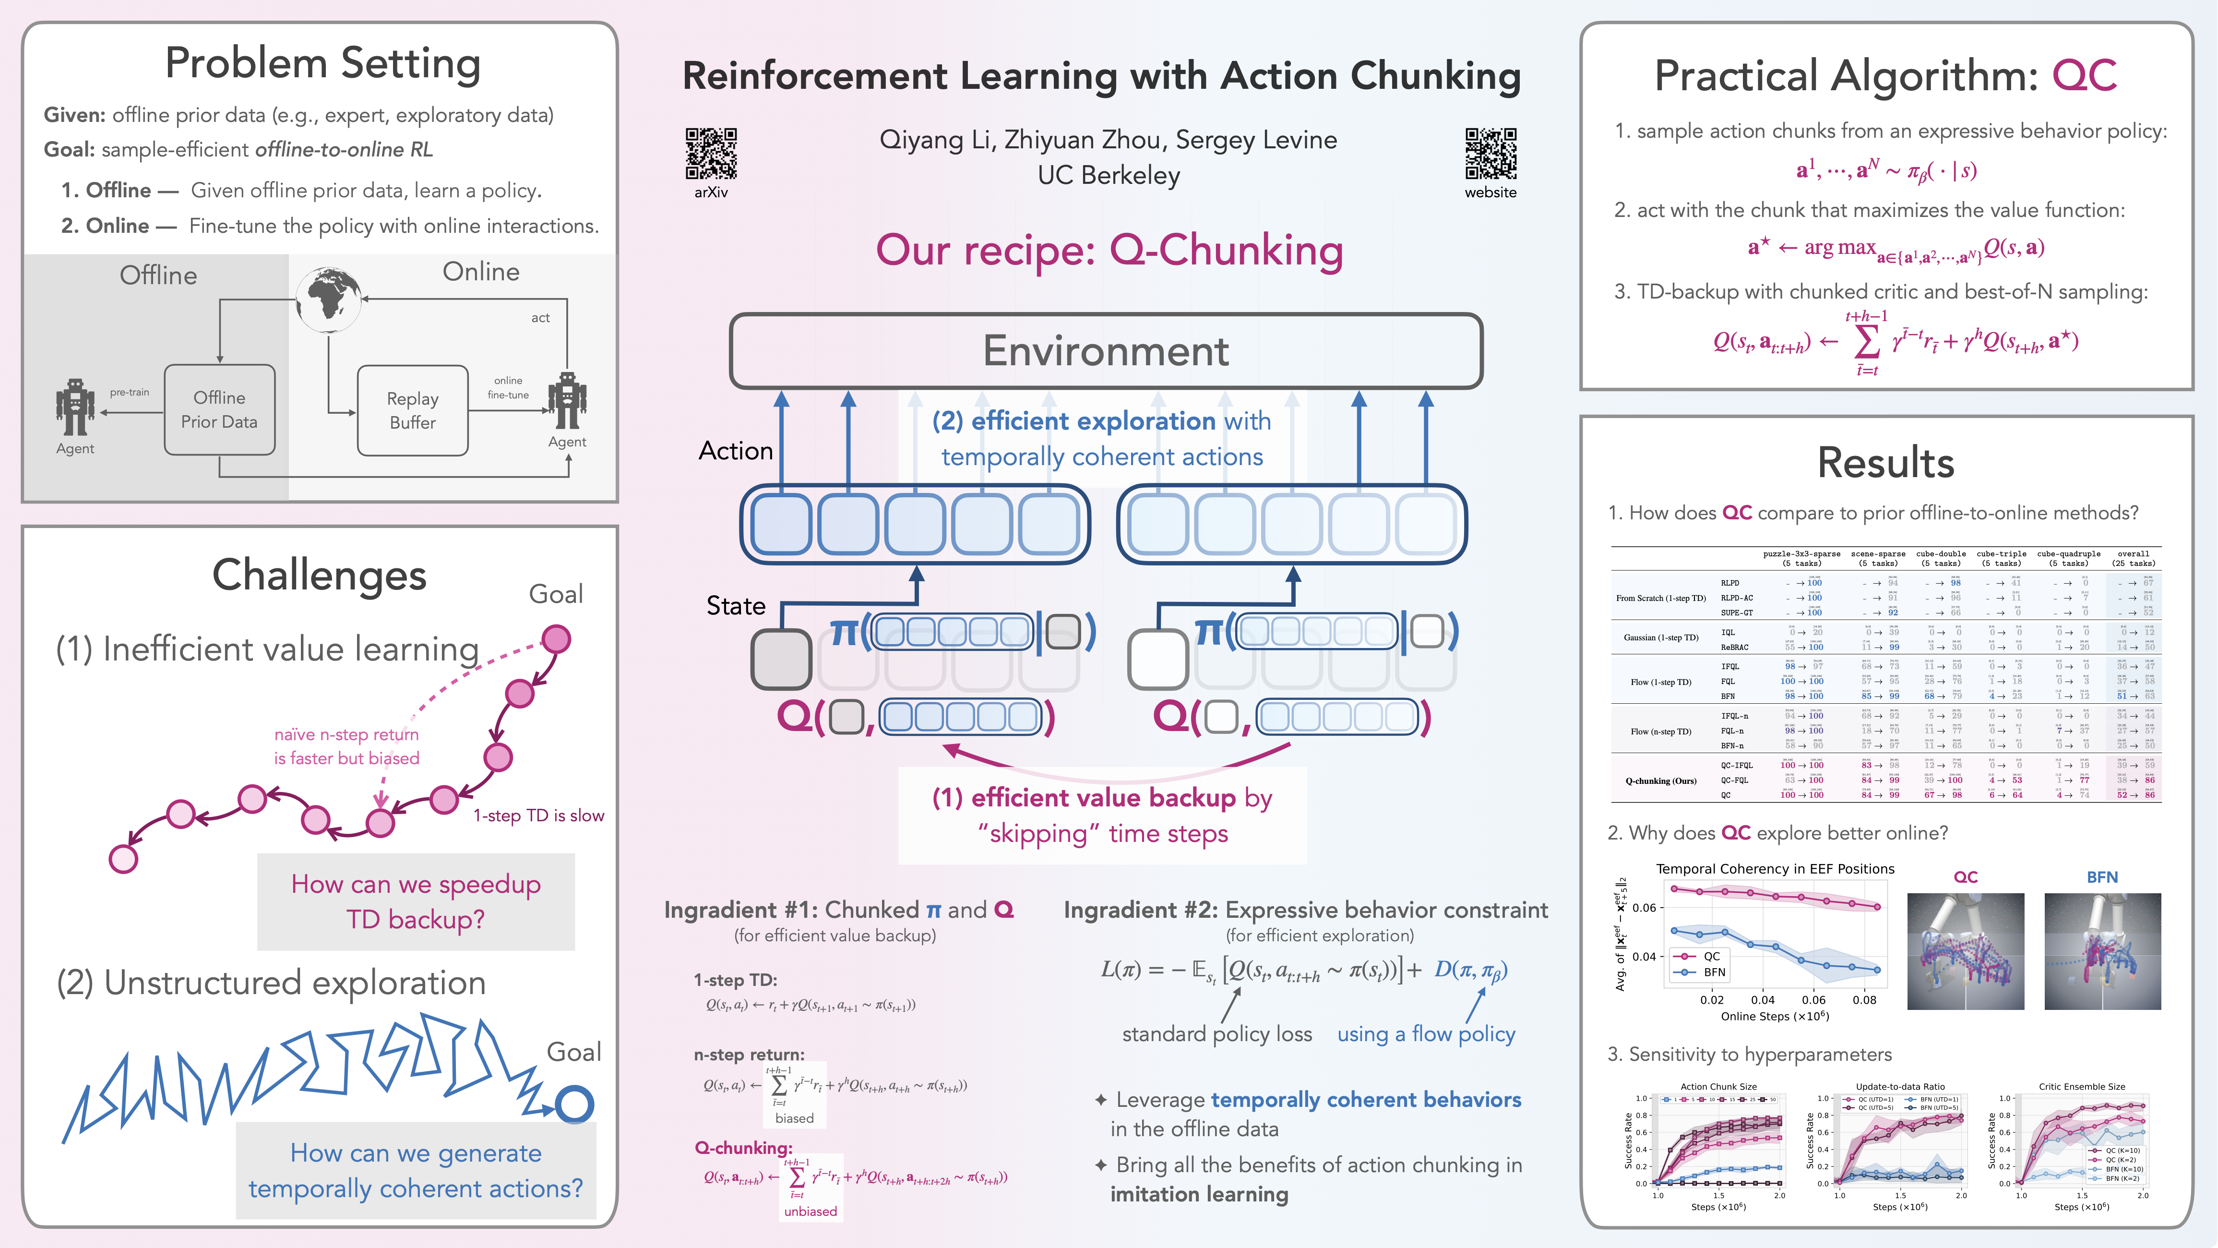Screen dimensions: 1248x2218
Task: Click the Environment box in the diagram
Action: tap(1106, 350)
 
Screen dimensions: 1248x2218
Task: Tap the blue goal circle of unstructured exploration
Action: tap(574, 1104)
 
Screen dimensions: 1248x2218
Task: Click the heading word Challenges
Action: tap(320, 576)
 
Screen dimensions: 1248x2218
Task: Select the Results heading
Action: tap(1885, 463)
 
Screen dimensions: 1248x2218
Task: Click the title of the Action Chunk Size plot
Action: tap(1718, 1087)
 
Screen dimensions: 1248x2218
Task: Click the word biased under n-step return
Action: tap(794, 1118)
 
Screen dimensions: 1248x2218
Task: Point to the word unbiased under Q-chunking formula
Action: tap(810, 1211)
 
